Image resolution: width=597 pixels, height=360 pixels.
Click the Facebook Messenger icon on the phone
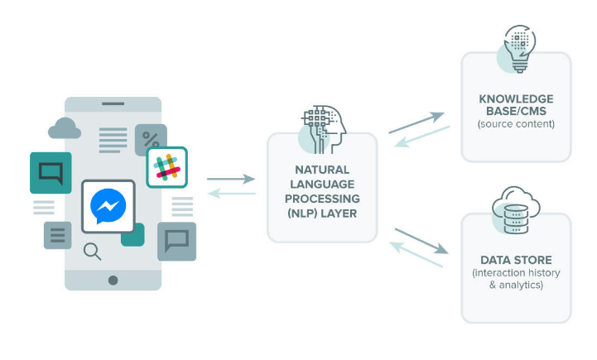tap(108, 207)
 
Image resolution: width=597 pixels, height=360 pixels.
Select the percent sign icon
tap(151, 139)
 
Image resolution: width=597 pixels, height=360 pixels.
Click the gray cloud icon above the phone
tap(65, 128)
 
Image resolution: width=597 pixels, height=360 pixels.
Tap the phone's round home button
tap(113, 280)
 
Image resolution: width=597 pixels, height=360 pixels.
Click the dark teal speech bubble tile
tap(51, 173)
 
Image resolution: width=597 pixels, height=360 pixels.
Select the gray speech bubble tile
tap(176, 241)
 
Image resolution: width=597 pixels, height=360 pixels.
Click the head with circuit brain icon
tap(321, 130)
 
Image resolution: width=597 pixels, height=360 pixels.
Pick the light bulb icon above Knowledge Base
tap(516, 48)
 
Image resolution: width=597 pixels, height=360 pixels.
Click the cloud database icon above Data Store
tap(516, 210)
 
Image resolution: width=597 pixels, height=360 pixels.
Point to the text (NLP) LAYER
tap(321, 213)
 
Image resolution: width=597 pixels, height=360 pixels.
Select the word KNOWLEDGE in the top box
tap(515, 98)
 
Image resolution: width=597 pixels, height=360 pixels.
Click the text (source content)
tap(515, 124)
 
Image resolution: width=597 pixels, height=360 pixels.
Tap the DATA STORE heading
tap(515, 259)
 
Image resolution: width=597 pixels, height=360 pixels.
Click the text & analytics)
tap(515, 285)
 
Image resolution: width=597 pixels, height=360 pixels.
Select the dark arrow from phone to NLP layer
tap(231, 178)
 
